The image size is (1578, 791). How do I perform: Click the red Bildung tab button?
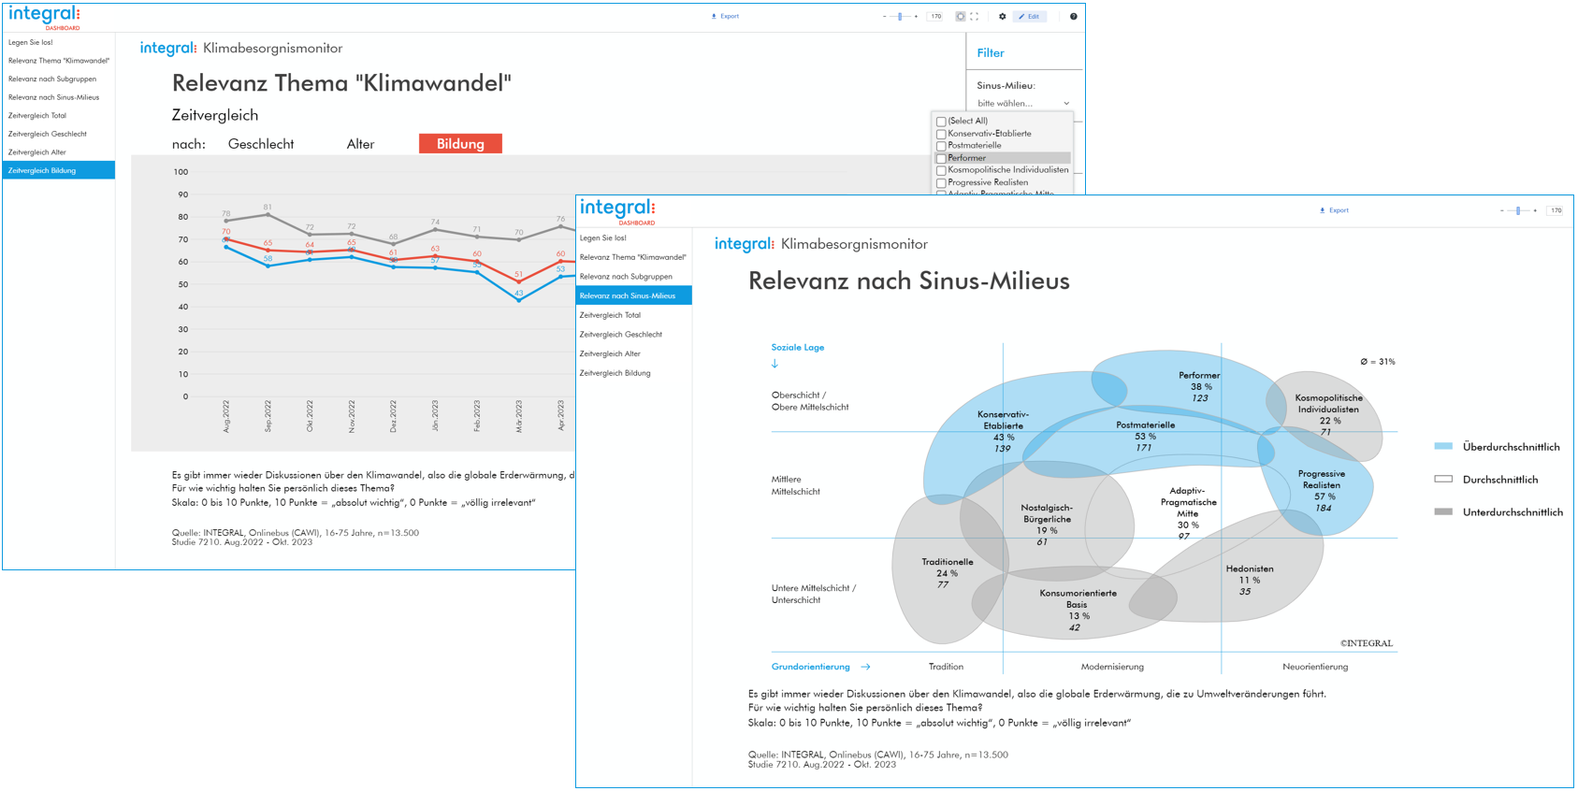pyautogui.click(x=460, y=144)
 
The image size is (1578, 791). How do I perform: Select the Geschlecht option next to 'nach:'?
pyautogui.click(x=261, y=144)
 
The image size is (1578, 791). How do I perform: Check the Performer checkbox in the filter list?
pyautogui.click(x=941, y=158)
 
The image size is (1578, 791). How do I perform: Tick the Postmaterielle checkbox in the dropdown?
pyautogui.click(x=941, y=146)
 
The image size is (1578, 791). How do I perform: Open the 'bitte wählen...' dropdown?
pyautogui.click(x=1022, y=103)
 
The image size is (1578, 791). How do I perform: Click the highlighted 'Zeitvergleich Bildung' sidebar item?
pyautogui.click(x=58, y=170)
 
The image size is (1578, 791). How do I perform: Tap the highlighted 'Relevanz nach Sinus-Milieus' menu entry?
pyautogui.click(x=633, y=295)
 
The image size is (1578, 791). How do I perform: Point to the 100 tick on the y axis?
pyautogui.click(x=181, y=172)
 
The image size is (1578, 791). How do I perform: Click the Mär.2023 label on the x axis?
pyautogui.click(x=519, y=415)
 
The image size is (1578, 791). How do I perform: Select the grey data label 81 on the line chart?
pyautogui.click(x=268, y=207)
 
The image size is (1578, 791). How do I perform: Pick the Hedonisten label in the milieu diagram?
pyautogui.click(x=1250, y=568)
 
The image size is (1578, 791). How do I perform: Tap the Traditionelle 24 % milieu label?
pyautogui.click(x=947, y=568)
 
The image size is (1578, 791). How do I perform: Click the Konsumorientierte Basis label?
pyautogui.click(x=1078, y=598)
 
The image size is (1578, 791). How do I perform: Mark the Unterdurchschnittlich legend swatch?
pyautogui.click(x=1443, y=511)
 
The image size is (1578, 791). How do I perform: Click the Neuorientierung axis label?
pyautogui.click(x=1314, y=667)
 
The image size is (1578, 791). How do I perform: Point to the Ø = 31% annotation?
pyautogui.click(x=1377, y=362)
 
